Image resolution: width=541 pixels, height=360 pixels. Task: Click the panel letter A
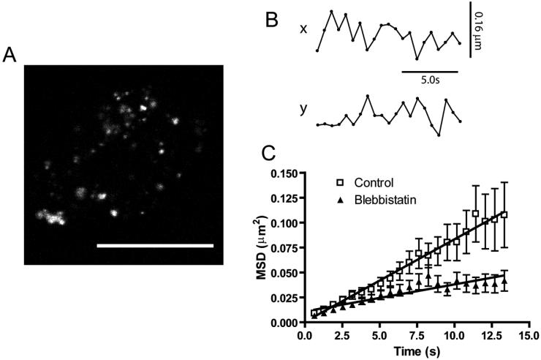10,56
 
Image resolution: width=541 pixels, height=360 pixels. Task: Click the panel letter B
271,20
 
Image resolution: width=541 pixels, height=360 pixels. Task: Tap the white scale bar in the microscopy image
155,246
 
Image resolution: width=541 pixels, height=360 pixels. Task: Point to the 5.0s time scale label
429,83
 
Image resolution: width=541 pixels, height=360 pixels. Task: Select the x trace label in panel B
302,29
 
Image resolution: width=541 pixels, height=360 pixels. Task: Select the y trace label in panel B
302,109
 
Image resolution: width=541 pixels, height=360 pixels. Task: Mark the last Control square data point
504,214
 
